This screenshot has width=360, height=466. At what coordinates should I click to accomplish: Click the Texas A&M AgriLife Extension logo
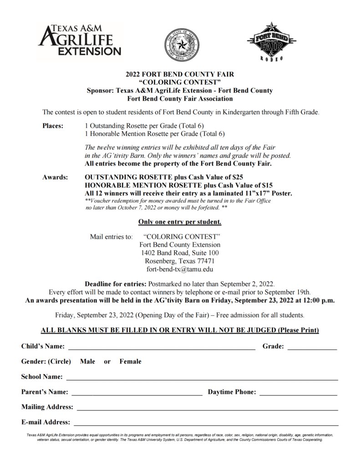80,40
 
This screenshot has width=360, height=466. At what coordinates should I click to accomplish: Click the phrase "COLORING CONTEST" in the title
179,82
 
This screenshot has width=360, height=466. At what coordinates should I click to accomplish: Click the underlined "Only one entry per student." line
180,223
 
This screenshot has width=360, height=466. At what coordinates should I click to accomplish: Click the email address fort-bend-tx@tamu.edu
179,269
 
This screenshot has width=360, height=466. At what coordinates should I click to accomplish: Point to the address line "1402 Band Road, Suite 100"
180,253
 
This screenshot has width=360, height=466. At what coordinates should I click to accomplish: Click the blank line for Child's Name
162,348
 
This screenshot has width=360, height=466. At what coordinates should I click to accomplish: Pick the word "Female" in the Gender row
130,362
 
